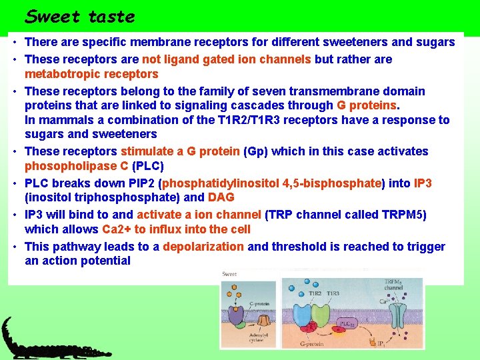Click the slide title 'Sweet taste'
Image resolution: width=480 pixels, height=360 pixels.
(79, 16)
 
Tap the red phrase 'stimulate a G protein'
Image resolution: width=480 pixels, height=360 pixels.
(179, 151)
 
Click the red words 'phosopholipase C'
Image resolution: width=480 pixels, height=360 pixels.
(77, 165)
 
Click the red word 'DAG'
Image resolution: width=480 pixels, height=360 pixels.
(221, 197)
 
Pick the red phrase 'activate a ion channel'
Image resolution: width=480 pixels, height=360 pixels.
(199, 215)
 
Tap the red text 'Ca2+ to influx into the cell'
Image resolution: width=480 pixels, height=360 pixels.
(176, 229)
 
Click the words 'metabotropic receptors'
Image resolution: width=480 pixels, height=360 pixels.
(91, 73)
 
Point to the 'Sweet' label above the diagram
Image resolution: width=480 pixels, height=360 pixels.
(230, 274)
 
